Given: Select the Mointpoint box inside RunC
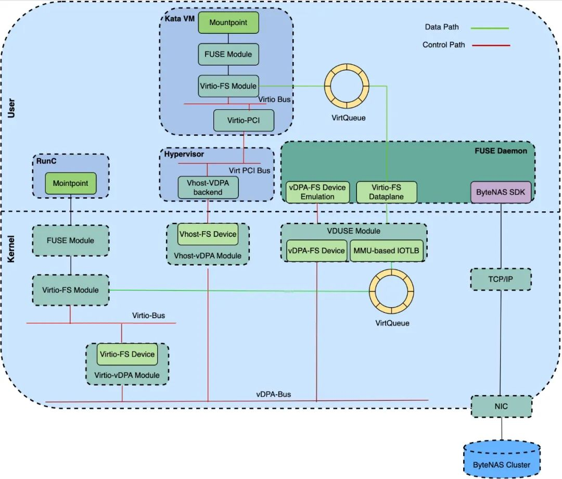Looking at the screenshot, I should point(71,183).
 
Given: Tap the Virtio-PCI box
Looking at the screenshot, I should point(244,120).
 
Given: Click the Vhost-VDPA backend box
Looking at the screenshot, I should point(208,187).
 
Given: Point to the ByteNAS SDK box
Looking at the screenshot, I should point(501,192).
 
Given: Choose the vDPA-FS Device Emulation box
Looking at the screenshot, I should point(317,192).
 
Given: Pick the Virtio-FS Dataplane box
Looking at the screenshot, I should point(386,192).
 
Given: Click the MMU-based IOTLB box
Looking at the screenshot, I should point(387,250).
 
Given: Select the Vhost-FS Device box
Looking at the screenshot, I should point(208,234).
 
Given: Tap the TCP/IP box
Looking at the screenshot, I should point(501,280).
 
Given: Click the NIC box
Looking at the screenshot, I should point(502,406).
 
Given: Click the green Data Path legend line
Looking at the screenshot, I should point(489,28).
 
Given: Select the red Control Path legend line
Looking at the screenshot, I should point(491,45).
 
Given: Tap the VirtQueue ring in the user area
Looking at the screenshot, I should point(347,85).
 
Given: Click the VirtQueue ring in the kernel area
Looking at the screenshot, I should point(391,291).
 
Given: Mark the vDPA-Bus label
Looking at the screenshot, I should point(274,394).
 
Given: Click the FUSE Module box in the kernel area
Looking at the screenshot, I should point(71,241).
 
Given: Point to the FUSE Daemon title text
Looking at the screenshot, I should point(501,151).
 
